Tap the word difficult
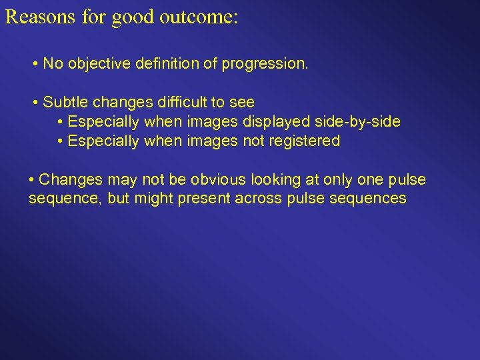(x=183, y=103)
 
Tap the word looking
(x=277, y=180)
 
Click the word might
(x=155, y=199)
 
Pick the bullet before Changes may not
(x=32, y=180)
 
